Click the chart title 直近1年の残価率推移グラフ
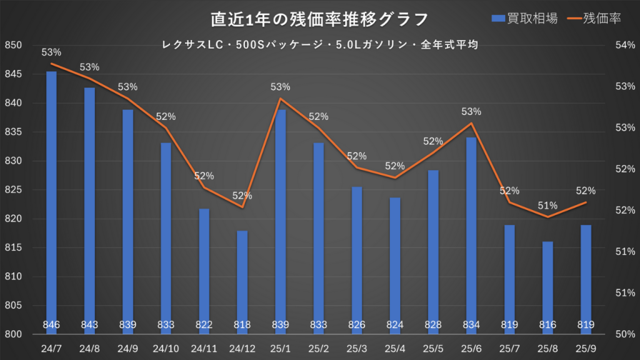pos(319,19)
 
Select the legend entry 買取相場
pos(524,19)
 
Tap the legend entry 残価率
pos(593,19)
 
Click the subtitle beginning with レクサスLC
pos(319,45)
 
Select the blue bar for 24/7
pos(51,200)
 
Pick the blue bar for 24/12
pos(242,281)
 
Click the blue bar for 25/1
pos(281,219)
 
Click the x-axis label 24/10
pos(166,347)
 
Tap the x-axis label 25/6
pos(471,347)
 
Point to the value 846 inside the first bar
pos(51,324)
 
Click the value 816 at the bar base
pos(547,324)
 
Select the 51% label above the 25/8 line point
pos(547,206)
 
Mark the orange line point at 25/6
pos(471,123)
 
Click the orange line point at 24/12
pos(242,207)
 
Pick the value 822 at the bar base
pos(204,324)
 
